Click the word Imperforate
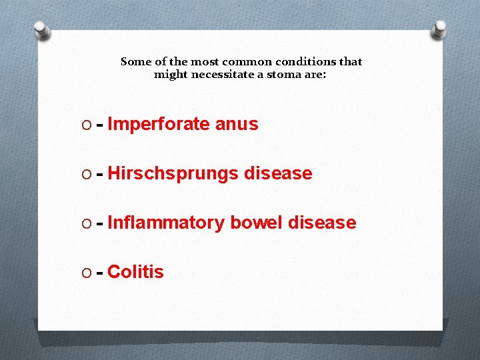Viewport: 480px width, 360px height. (x=158, y=124)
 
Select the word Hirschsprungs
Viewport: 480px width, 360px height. (x=172, y=173)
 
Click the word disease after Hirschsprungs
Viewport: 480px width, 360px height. (x=278, y=173)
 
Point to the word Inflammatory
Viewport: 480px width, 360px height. (x=165, y=223)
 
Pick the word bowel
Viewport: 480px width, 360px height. (x=256, y=223)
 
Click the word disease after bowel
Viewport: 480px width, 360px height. (x=322, y=223)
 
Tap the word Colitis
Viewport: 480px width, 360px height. (x=135, y=272)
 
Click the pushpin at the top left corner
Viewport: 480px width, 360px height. (x=42, y=31)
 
